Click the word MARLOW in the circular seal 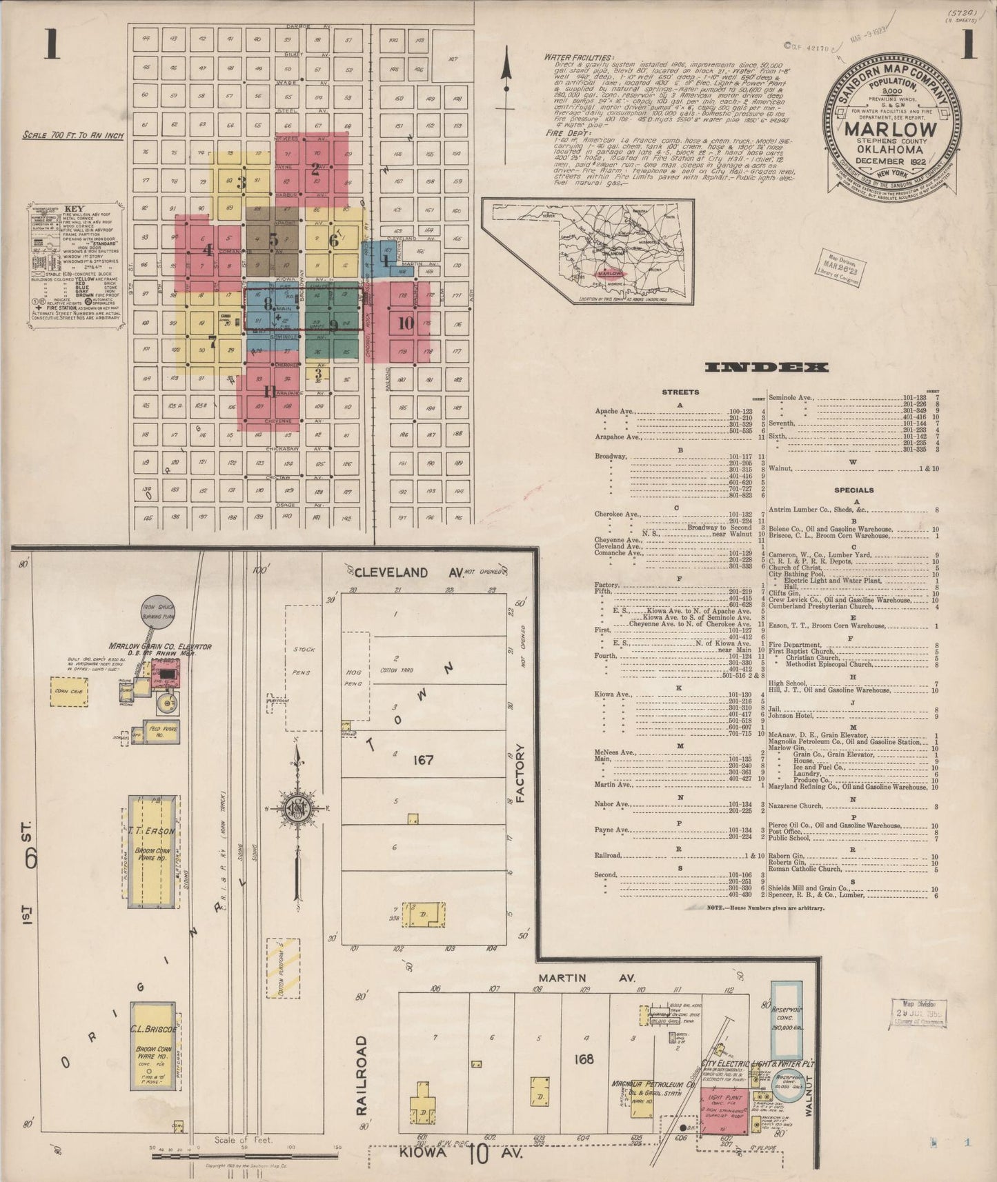click(x=890, y=129)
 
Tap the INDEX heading click(x=767, y=368)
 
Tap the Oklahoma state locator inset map click(x=588, y=252)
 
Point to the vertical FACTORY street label click(x=520, y=772)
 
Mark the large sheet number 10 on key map click(x=406, y=323)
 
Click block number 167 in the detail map click(x=422, y=760)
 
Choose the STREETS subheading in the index click(x=680, y=392)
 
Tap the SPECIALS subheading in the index click(x=853, y=490)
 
